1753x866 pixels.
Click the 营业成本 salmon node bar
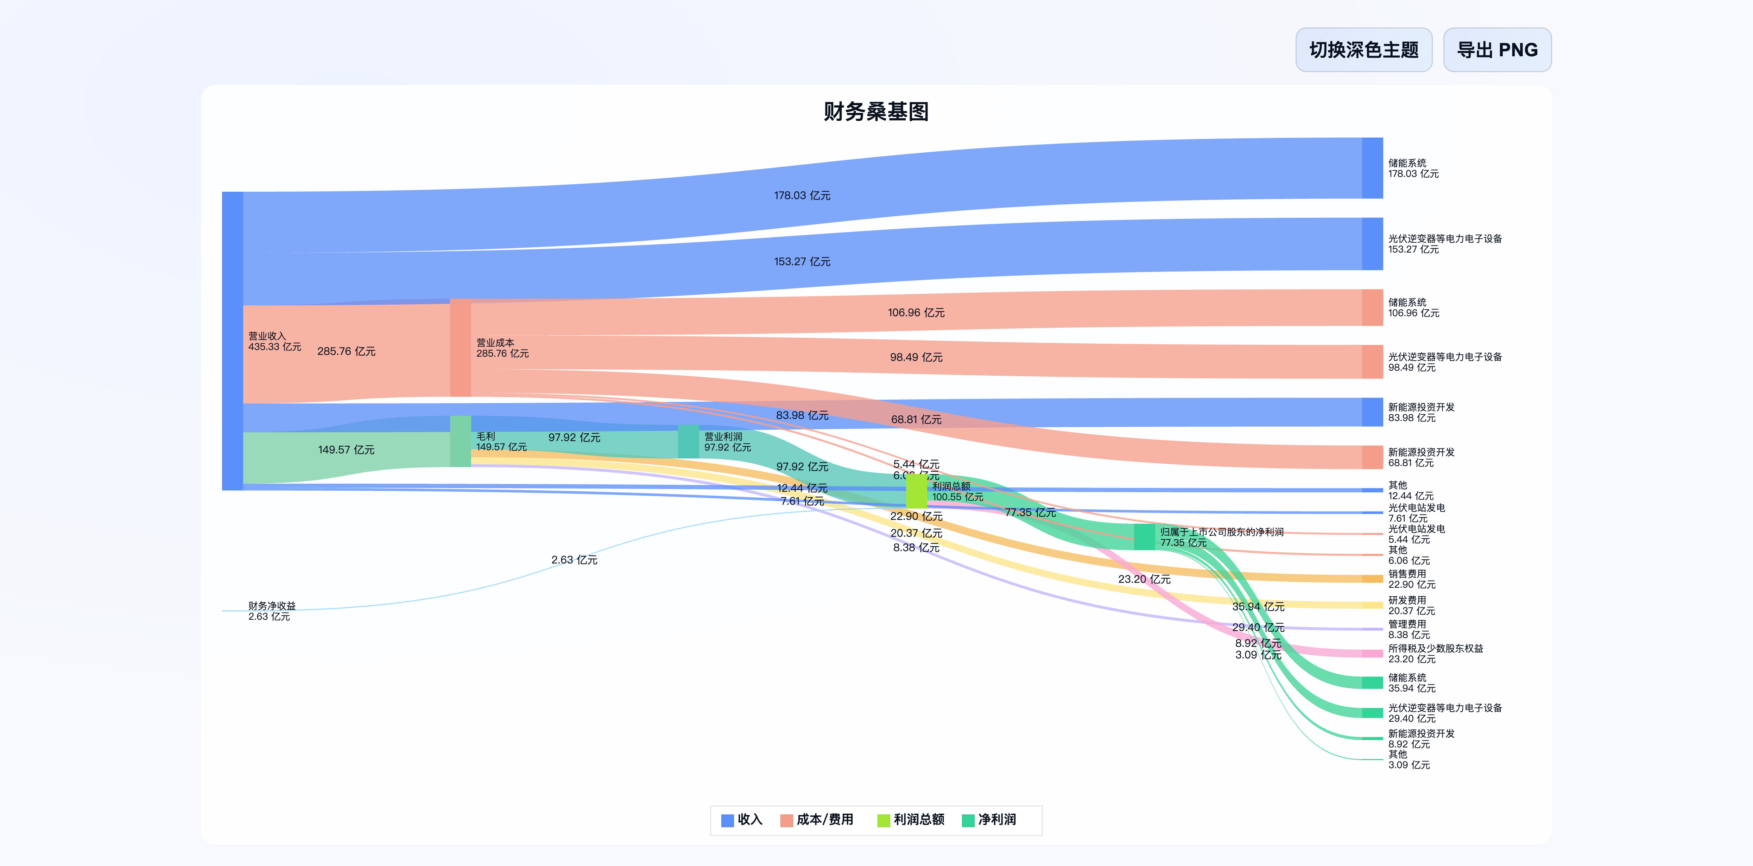[460, 348]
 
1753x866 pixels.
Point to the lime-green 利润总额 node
[916, 491]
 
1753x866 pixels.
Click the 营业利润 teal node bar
[688, 441]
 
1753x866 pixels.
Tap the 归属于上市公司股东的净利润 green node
[1144, 537]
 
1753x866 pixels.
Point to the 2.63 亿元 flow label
[574, 560]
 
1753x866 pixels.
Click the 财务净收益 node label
[272, 605]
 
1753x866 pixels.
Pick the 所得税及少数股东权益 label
[1435, 648]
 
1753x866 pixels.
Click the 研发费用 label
[1407, 600]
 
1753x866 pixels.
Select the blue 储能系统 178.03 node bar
[1372, 168]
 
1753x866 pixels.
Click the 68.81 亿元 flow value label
[916, 420]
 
